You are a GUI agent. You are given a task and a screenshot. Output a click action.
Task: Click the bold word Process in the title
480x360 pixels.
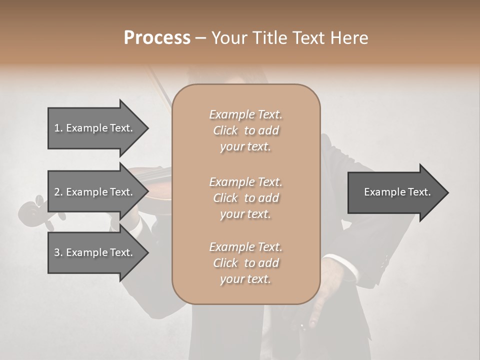(x=157, y=38)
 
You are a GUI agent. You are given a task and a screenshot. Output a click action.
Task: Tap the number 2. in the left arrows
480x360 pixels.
(x=58, y=192)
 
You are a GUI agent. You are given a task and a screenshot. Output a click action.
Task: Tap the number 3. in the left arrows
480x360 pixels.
(x=58, y=252)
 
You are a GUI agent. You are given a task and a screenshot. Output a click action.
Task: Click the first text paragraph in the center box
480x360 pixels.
(x=245, y=130)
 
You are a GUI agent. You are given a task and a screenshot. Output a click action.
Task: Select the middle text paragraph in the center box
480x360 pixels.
(x=245, y=198)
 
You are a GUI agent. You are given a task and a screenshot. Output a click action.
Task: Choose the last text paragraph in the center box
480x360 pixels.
(x=245, y=263)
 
